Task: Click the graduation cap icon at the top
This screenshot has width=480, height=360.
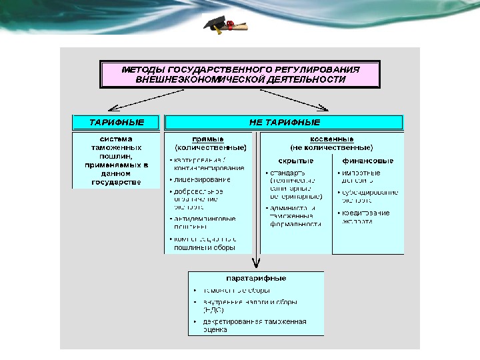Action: [215, 25]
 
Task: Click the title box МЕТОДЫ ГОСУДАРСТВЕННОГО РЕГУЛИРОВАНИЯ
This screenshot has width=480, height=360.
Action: [240, 74]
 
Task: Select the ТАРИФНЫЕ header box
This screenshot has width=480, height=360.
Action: [117, 123]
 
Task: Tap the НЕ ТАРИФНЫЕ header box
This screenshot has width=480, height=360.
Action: [284, 123]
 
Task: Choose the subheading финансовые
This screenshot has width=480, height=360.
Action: [368, 161]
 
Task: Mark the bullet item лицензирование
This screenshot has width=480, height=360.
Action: [203, 179]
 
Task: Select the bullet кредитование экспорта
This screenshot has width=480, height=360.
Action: [367, 217]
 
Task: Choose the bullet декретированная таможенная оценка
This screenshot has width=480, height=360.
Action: [255, 325]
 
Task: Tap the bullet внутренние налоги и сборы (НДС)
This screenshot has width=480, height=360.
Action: [251, 305]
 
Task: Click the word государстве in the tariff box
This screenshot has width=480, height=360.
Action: [117, 181]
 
